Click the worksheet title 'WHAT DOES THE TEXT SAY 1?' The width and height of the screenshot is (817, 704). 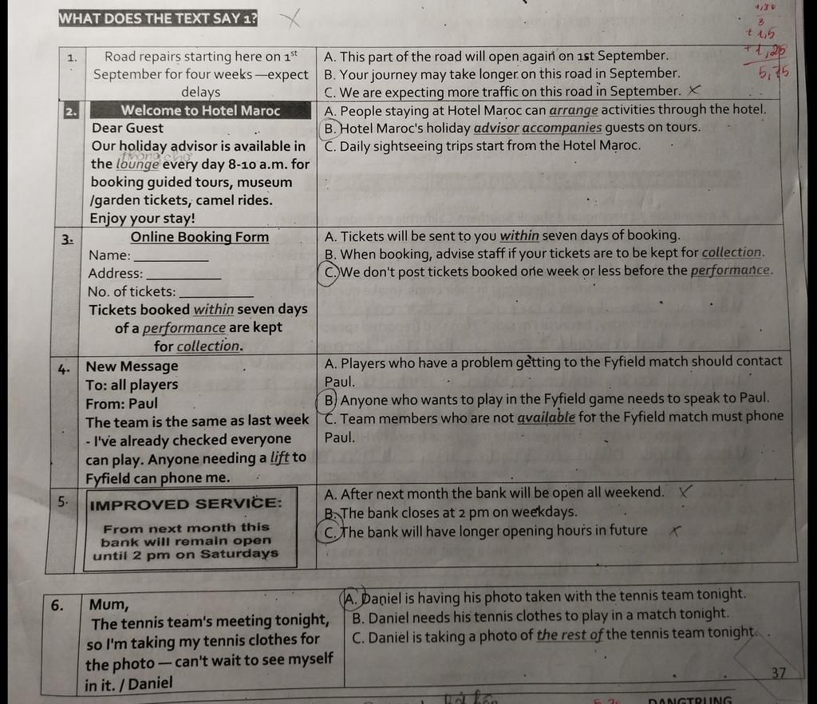pos(158,18)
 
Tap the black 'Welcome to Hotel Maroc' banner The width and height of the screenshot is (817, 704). pos(200,111)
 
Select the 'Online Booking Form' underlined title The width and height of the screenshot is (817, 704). pos(199,237)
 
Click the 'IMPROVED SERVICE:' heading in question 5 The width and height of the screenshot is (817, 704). pos(186,504)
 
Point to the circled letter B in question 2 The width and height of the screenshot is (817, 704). pos(330,128)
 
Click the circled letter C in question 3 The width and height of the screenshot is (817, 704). pos(331,271)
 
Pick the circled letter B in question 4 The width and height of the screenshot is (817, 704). pos(330,399)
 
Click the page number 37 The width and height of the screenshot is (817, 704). pos(780,673)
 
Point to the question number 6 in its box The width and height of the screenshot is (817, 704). pos(57,605)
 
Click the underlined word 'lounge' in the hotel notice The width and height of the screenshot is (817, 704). pos(137,164)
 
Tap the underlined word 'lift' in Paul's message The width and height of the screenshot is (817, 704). pos(279,458)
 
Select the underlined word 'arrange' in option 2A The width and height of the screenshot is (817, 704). pos(573,110)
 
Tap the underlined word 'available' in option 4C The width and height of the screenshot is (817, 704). pos(546,417)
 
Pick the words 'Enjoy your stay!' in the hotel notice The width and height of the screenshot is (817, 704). pos(142,219)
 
